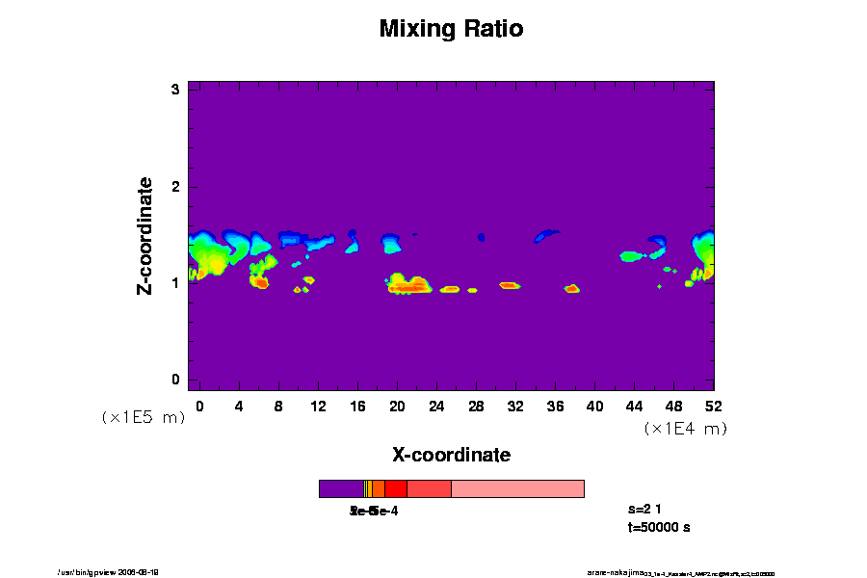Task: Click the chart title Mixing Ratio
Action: click(x=451, y=29)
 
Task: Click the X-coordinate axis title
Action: click(x=451, y=454)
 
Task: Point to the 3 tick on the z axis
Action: click(x=176, y=90)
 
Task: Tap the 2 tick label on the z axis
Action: click(x=176, y=186)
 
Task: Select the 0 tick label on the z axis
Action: click(x=176, y=379)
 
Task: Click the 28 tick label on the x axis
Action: click(x=476, y=406)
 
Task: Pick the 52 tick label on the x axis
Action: click(x=714, y=406)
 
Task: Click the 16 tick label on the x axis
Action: click(x=357, y=406)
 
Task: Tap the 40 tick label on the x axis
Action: click(x=595, y=406)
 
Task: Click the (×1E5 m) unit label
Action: click(x=143, y=417)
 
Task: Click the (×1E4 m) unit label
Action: click(x=685, y=429)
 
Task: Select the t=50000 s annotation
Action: click(x=658, y=527)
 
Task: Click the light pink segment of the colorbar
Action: click(x=517, y=488)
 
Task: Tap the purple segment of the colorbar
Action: click(x=341, y=488)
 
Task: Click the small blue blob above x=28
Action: click(x=482, y=236)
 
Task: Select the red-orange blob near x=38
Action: click(x=572, y=288)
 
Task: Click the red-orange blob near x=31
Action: click(x=510, y=285)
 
